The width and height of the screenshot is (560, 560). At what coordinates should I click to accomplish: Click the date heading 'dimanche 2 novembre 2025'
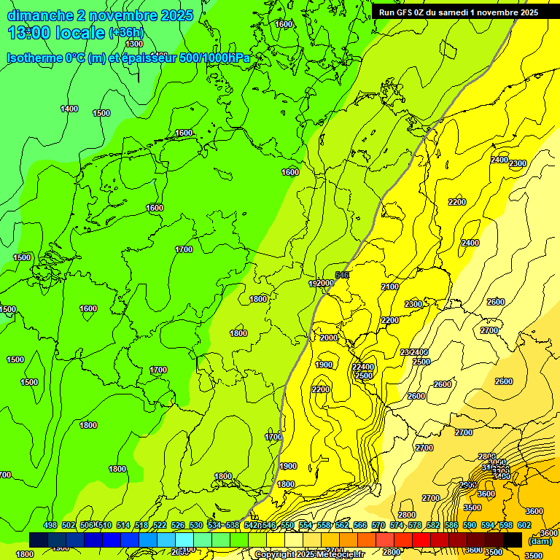coord(100,15)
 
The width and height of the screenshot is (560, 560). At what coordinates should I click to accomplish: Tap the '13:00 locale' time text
coord(55,33)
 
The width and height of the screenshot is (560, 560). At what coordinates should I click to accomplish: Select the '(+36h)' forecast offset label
coord(126,33)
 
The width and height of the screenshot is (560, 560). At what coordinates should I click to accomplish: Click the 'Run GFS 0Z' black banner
coord(458,12)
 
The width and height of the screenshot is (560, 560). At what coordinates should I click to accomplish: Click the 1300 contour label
coord(134,44)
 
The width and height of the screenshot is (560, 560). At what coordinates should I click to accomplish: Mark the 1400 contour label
coord(69,109)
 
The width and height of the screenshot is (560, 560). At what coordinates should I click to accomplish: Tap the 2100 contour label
coord(390,287)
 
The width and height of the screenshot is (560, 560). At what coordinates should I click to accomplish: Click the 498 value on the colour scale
coord(50,525)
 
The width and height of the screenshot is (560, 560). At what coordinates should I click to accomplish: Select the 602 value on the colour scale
coord(524,525)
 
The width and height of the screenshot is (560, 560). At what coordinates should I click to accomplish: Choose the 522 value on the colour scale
coord(160,525)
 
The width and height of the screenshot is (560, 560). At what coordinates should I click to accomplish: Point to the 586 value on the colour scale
coord(451,525)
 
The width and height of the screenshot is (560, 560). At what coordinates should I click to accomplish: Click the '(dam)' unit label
coord(540,541)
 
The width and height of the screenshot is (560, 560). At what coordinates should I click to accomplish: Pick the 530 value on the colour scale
coord(196,525)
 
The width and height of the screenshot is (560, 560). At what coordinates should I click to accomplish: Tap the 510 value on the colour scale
coord(105,525)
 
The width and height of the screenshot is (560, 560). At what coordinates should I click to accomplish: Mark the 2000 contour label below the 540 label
coord(329,338)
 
